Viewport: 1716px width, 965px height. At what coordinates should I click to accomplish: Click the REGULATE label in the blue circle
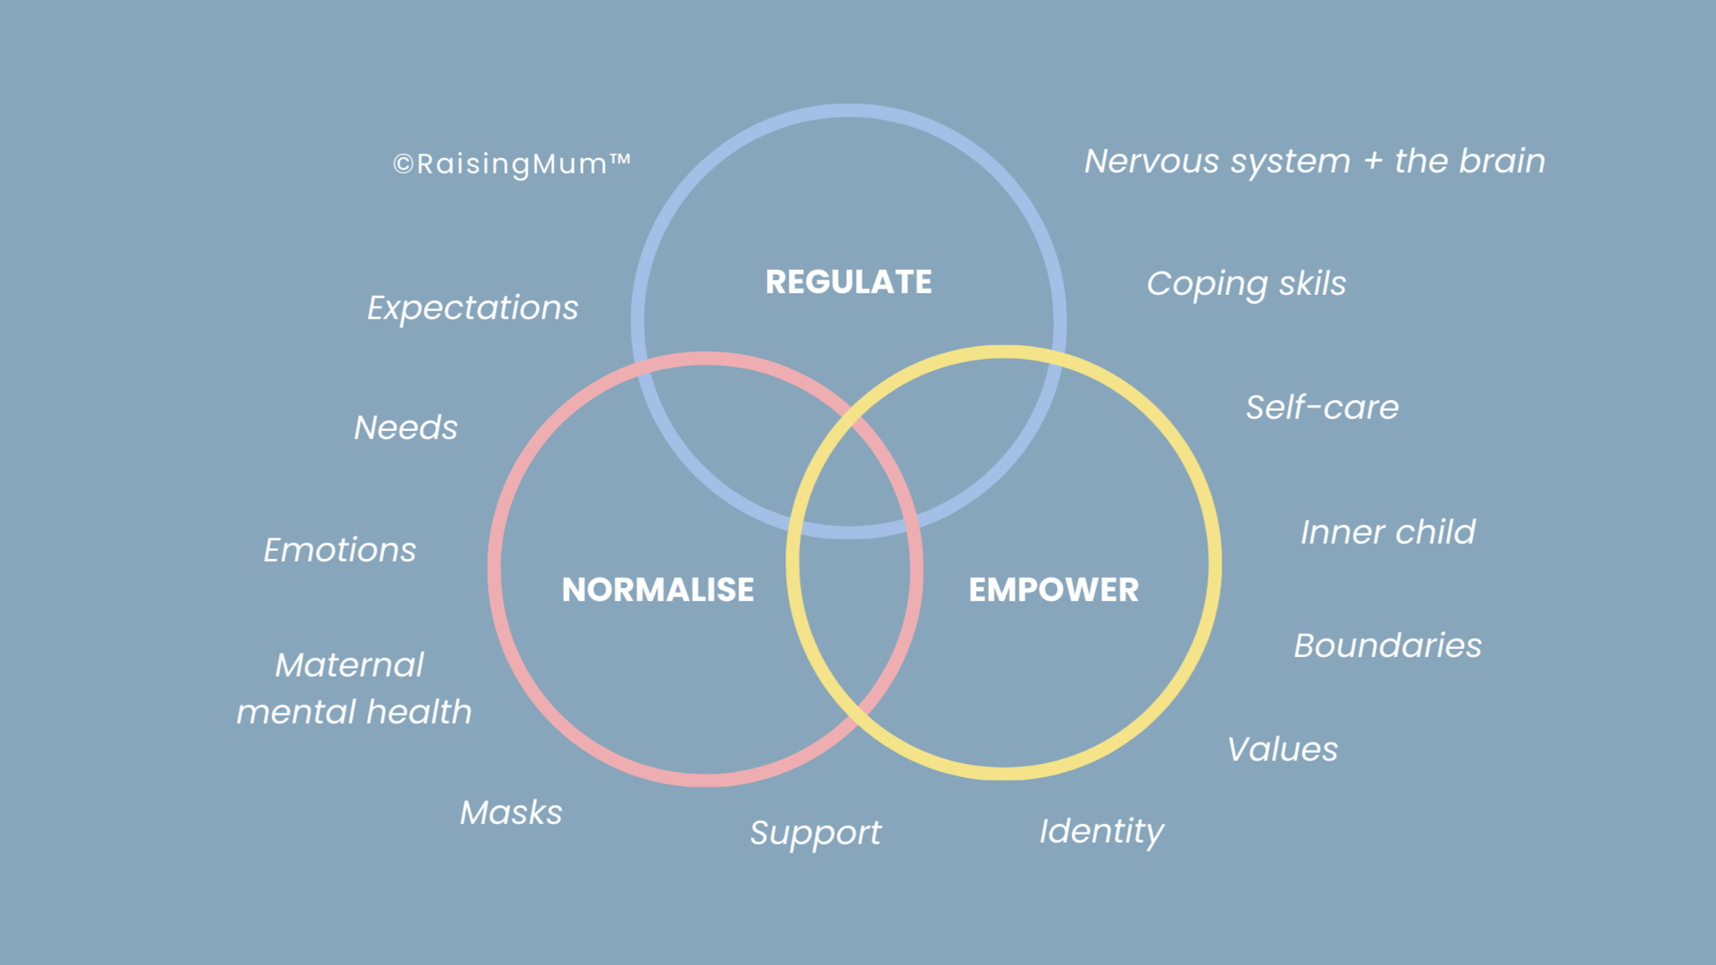click(x=849, y=282)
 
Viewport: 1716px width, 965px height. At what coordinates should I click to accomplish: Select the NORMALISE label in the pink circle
click(x=657, y=590)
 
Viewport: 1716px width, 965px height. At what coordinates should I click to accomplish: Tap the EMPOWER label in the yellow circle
click(x=1053, y=590)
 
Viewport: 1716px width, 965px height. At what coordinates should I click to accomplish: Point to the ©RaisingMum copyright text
click(x=511, y=164)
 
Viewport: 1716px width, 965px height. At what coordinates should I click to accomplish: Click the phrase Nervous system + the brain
click(x=1314, y=161)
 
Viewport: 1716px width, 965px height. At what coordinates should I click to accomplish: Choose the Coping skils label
click(x=1246, y=284)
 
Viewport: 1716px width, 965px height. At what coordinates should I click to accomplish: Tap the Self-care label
click(x=1322, y=408)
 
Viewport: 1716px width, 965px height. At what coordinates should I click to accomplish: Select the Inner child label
click(x=1388, y=532)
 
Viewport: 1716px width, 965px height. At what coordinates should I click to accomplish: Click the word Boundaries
click(x=1388, y=646)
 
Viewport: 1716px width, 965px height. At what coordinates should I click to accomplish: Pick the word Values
click(x=1282, y=749)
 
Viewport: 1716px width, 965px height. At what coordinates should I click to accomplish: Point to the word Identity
click(x=1102, y=831)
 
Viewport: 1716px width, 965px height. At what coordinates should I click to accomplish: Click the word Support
click(x=815, y=833)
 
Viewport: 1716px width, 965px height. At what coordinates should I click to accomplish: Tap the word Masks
click(x=511, y=813)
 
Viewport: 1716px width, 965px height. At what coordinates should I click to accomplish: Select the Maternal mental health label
click(x=353, y=689)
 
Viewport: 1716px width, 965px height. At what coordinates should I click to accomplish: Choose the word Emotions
click(x=340, y=550)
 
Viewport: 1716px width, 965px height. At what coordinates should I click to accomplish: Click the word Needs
click(x=405, y=428)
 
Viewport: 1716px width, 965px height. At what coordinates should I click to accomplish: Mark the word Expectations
click(x=473, y=308)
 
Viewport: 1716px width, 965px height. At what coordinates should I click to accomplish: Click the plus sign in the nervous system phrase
click(x=1372, y=161)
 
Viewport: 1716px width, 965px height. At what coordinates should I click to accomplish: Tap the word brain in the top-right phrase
click(x=1502, y=161)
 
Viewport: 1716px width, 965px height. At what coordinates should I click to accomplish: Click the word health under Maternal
click(x=418, y=712)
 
